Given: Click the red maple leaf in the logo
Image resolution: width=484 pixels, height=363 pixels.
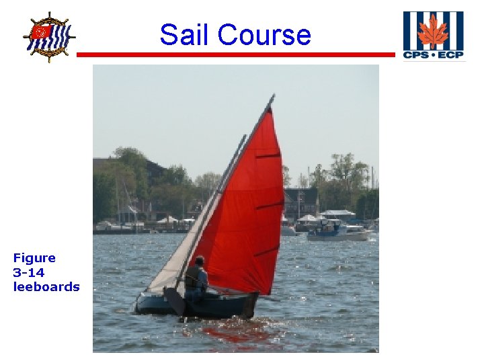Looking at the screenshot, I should [432, 32].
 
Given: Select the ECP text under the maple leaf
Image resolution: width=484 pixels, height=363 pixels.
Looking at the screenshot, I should [450, 54].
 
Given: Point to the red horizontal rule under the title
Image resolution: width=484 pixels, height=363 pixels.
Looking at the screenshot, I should [235, 54].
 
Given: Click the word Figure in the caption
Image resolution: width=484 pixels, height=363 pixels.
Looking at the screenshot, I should [34, 257].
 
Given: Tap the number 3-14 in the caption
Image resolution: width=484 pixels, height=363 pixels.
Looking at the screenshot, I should [28, 272].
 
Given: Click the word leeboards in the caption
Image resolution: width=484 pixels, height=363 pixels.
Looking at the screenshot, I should [46, 287].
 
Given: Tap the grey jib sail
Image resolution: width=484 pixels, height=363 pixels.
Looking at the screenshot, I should [185, 242].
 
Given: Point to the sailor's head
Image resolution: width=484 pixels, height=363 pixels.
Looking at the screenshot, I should [199, 260].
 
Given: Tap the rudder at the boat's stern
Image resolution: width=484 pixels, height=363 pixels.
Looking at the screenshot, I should [249, 306].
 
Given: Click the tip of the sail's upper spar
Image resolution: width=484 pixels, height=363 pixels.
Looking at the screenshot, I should [272, 97].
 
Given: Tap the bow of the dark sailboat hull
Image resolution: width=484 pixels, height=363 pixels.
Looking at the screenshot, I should [138, 302].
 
